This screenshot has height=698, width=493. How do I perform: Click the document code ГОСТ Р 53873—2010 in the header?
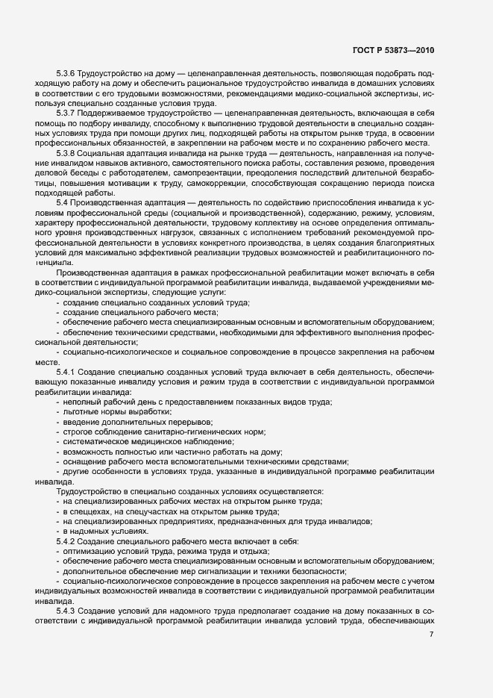coord(392,51)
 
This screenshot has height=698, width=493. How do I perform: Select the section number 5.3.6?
coord(66,75)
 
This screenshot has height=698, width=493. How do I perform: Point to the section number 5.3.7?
coord(66,111)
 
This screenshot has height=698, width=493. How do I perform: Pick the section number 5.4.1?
coord(66,371)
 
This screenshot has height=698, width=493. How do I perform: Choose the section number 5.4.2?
coord(66,540)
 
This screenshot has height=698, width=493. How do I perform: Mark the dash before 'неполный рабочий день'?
coord(57,402)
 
